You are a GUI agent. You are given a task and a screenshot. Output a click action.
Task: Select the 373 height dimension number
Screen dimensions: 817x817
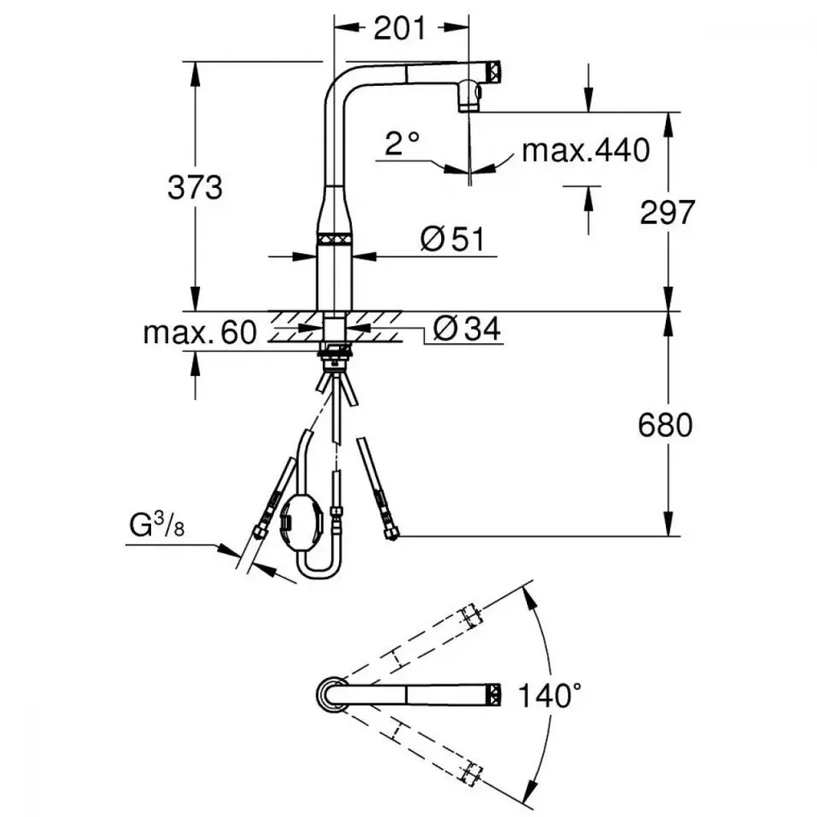coord(195,188)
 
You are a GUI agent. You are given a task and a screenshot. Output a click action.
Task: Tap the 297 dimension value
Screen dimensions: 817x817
coord(667,212)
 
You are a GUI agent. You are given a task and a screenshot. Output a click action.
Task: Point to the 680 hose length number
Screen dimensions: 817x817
coord(665,425)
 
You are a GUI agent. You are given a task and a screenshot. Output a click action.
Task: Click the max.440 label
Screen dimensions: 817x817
coord(586,150)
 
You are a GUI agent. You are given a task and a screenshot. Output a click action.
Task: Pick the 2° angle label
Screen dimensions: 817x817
coord(402,143)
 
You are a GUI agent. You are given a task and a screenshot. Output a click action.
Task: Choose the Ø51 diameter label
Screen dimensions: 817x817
coord(452,239)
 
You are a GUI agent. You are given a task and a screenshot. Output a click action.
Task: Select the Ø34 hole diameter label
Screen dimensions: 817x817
coord(467,328)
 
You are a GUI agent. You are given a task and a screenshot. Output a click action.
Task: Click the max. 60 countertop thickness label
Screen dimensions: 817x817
coord(200,333)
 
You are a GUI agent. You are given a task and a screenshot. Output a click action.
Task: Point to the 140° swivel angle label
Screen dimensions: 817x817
coord(550,694)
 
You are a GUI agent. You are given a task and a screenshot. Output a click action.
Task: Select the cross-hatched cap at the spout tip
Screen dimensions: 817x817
coord(494,71)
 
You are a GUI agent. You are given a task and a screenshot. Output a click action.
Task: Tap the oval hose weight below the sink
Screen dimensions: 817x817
coord(297,522)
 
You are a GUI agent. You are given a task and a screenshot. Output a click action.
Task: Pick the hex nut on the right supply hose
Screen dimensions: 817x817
coord(391,534)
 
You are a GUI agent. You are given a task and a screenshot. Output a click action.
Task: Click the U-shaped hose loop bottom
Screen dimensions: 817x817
coord(319,572)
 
